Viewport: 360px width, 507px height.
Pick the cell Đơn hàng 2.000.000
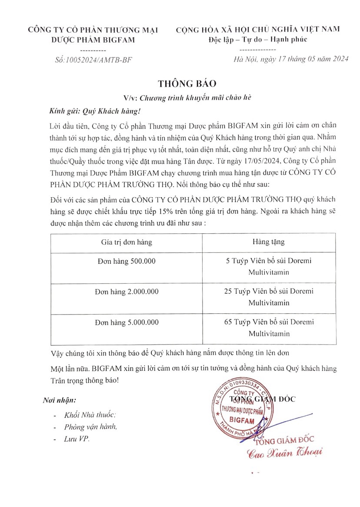[x=127, y=292]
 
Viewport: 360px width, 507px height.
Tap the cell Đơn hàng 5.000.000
[x=127, y=322]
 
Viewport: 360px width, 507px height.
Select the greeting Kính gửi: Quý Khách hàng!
[x=95, y=111]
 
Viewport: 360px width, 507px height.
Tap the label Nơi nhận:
[x=60, y=400]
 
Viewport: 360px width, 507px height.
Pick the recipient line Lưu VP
[x=77, y=439]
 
